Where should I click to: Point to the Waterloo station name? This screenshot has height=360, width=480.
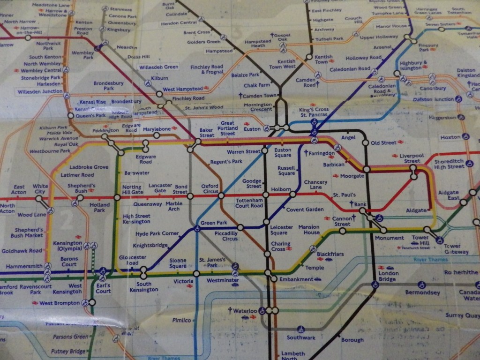pos(246,311)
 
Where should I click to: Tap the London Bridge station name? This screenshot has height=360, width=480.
pos(388,277)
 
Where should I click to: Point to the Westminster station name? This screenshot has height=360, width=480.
pos(219,281)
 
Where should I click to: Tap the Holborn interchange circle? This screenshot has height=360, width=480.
pos(266,195)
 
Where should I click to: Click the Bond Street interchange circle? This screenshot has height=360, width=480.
pos(191,196)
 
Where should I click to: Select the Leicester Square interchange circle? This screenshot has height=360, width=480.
pos(266,222)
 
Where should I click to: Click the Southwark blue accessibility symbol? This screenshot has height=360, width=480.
pos(300,330)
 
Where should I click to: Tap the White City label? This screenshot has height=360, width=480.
pos(40,189)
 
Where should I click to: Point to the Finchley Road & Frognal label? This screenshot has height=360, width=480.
pos(207,70)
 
